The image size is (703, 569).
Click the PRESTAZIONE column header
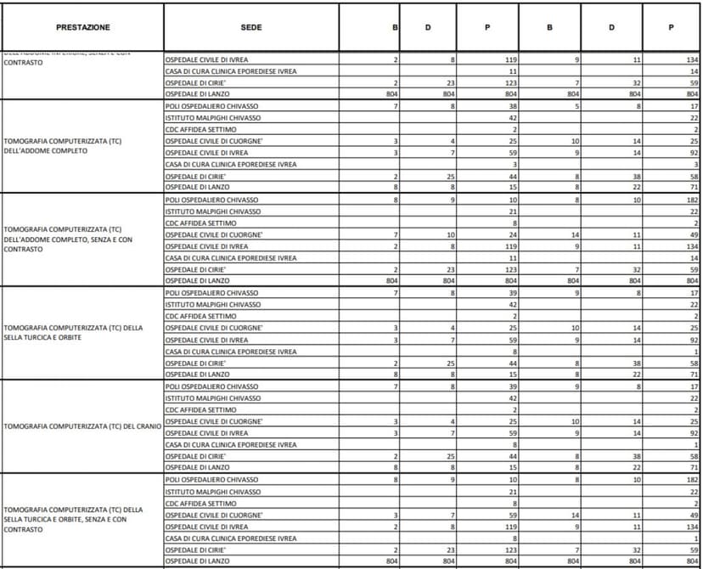click(x=82, y=28)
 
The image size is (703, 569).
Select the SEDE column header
click(x=251, y=28)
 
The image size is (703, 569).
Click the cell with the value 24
click(x=512, y=234)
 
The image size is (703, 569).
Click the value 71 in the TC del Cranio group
click(x=693, y=467)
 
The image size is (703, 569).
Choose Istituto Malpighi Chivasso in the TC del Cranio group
click(x=212, y=397)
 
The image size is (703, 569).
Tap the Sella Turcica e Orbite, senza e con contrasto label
click(x=75, y=519)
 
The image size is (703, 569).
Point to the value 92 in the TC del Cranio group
click(x=693, y=432)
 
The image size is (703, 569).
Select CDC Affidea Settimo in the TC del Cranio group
click(x=201, y=409)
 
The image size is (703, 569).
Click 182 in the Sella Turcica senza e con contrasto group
click(x=691, y=480)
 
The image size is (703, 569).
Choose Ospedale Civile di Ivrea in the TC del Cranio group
click(x=206, y=432)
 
